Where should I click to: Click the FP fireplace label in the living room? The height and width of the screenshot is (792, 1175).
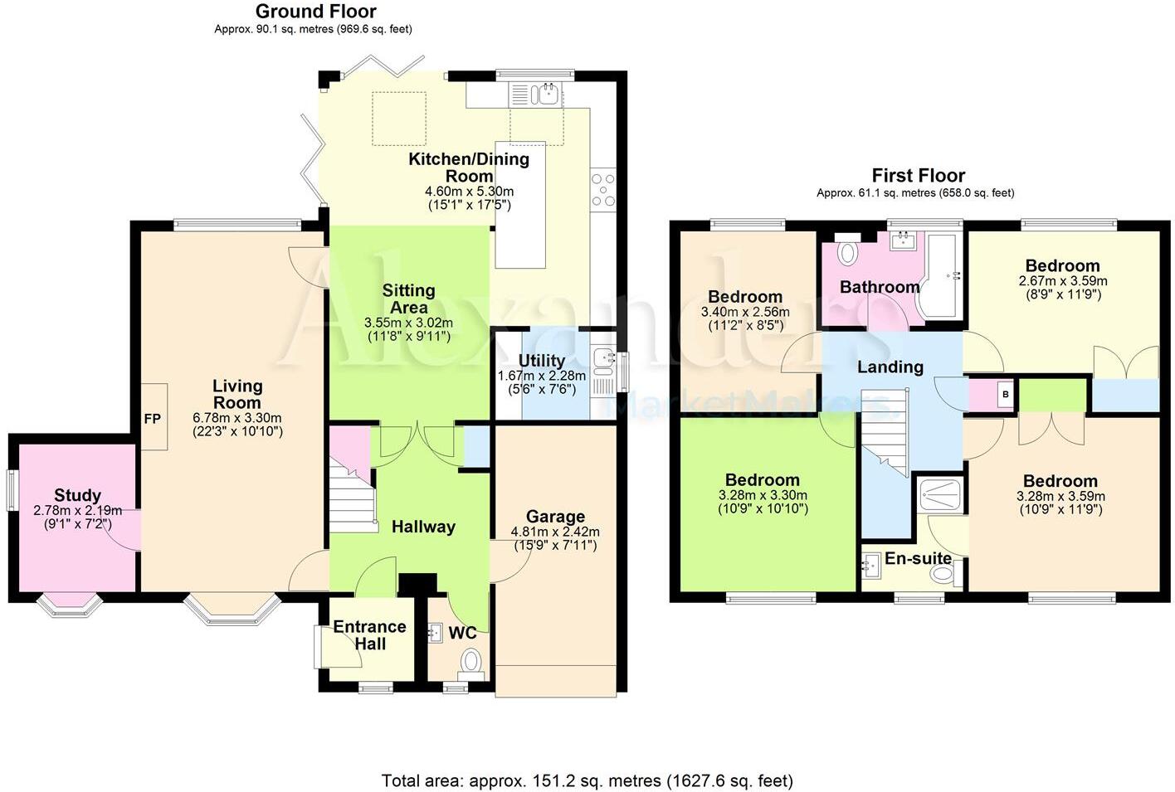click(153, 419)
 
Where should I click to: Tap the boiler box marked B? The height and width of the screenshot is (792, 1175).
click(1005, 395)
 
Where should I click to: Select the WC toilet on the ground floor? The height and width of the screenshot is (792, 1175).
click(470, 661)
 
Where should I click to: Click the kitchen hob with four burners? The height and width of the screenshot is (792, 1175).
click(602, 189)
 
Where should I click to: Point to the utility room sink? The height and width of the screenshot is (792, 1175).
click(602, 359)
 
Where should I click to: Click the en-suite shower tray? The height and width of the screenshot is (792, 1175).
click(941, 495)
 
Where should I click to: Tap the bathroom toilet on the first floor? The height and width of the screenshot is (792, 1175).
click(847, 252)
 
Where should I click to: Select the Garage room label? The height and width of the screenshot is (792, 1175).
click(555, 517)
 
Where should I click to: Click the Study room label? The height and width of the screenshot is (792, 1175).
click(77, 495)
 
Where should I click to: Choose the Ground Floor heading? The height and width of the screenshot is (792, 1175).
click(315, 12)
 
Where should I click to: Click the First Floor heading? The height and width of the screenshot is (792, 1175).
click(918, 176)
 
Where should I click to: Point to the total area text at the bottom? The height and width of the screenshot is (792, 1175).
click(587, 780)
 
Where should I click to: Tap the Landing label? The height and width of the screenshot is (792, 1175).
click(890, 367)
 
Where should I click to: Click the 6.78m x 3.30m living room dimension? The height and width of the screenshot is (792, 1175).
click(236, 418)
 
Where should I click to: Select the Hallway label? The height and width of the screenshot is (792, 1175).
click(423, 527)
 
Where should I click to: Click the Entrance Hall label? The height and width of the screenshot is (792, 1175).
click(369, 634)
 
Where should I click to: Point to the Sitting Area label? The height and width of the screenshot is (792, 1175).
click(408, 299)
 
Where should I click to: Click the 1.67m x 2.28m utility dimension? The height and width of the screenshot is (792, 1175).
click(541, 376)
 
